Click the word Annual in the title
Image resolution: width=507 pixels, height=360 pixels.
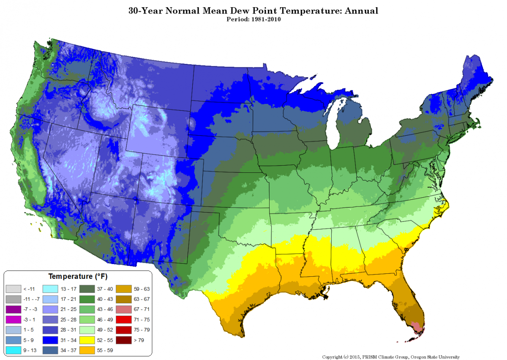point(361,10)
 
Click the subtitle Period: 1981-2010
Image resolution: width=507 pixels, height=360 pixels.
point(253,19)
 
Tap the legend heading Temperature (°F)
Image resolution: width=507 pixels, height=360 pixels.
point(78,277)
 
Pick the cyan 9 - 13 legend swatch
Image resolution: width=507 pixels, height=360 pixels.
point(13,350)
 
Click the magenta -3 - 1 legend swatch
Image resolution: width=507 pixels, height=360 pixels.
point(13,319)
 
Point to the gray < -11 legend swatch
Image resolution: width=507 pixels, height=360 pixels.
point(13,289)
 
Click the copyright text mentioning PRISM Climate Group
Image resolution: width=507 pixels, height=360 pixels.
point(391,357)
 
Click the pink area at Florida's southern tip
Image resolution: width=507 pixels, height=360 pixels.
point(418,327)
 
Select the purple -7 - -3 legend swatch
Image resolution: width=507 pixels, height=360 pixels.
point(13,309)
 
